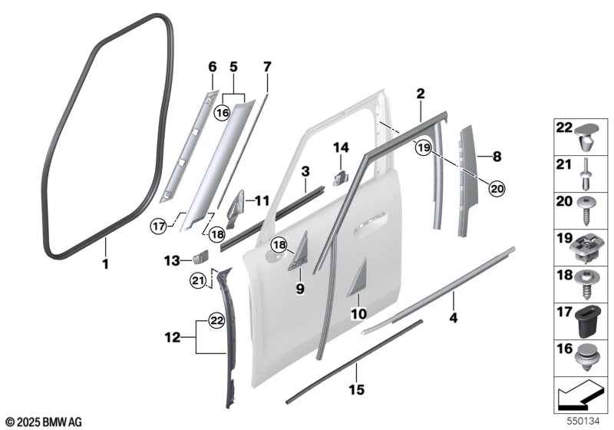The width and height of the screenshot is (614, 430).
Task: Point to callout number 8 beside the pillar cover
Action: (x=497, y=157)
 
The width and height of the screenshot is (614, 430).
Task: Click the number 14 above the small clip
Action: (x=341, y=146)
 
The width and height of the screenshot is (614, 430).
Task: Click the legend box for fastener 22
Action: (x=579, y=138)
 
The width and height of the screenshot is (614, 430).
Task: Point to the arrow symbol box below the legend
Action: (x=579, y=395)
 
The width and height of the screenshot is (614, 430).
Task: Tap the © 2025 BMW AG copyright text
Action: (x=42, y=422)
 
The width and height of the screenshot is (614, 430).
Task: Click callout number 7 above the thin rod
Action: (x=266, y=67)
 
